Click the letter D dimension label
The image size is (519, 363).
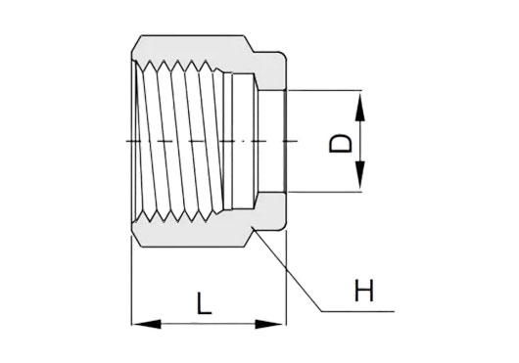point(340,143)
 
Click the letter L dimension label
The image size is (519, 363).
point(204,303)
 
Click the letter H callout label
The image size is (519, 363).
point(363,291)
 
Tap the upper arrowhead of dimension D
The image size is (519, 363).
point(359,107)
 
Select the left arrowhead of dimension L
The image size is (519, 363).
point(147,324)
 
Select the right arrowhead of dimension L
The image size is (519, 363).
point(270,324)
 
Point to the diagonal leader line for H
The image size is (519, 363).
point(287,269)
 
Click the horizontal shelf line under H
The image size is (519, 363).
point(357,311)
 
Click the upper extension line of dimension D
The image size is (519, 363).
point(325,90)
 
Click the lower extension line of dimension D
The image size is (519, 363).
point(325,192)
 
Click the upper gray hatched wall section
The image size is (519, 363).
point(192,48)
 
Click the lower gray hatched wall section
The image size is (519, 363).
point(192,234)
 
